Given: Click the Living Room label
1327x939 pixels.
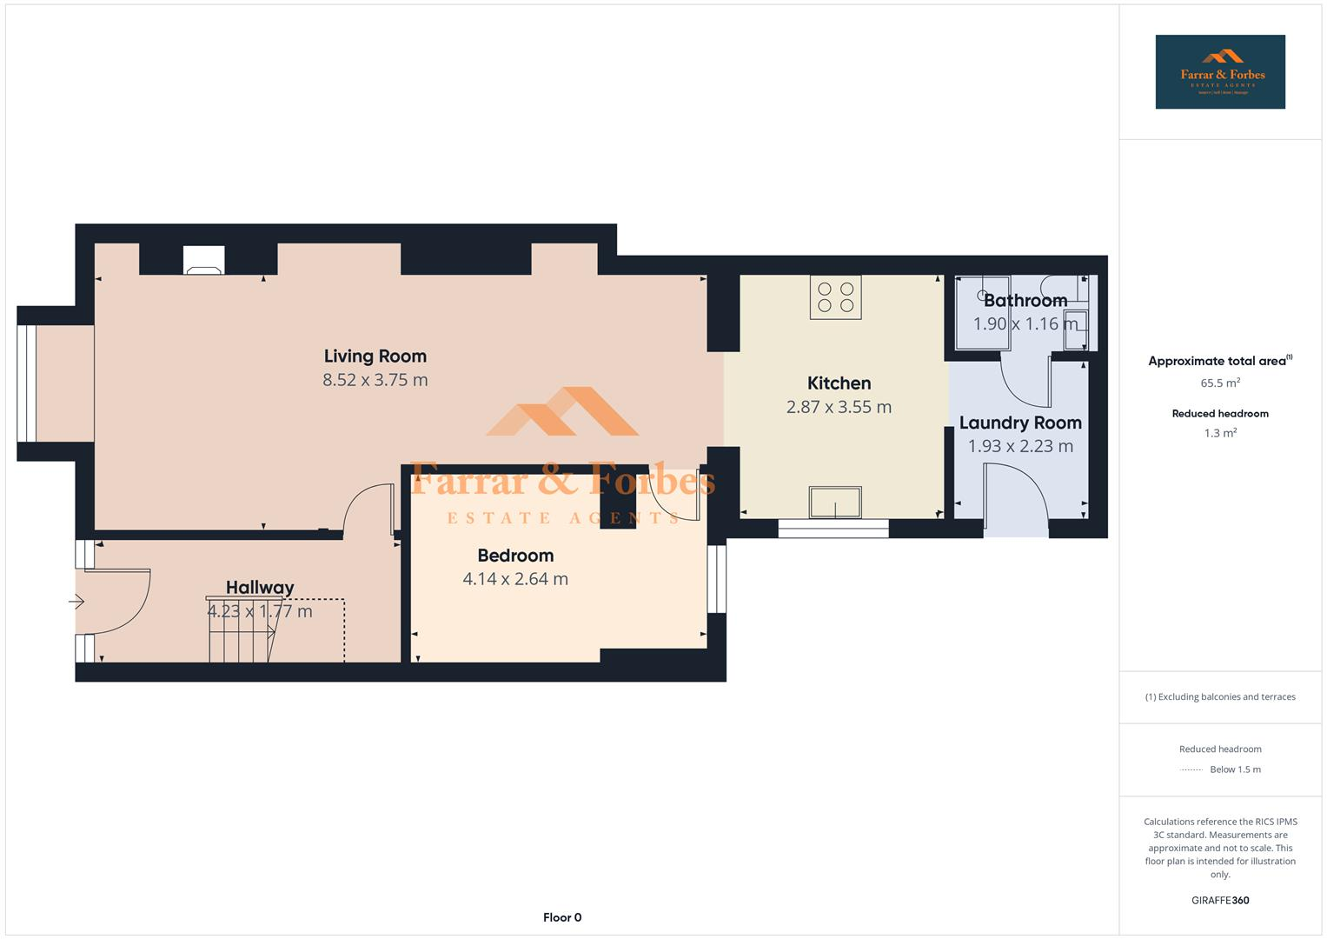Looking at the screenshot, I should coord(375,356).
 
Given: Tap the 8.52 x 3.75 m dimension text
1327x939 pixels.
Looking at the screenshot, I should coord(375,380).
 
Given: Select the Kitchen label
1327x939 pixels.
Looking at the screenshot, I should coord(839,383).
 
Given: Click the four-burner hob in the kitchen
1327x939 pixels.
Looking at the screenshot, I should coord(835,297).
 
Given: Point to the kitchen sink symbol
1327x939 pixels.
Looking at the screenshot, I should coord(835,503).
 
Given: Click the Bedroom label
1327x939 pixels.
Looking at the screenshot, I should coord(515,556).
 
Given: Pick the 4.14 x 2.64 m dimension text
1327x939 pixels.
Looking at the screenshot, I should coord(515,579).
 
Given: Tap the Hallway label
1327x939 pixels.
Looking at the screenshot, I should coord(260,588).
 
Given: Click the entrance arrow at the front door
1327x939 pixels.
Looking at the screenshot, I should coord(76,601).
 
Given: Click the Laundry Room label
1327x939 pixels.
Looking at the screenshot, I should coord(1020,423).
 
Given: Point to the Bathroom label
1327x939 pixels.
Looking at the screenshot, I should coord(1025,301).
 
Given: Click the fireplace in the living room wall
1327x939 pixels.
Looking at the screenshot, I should coord(204,260).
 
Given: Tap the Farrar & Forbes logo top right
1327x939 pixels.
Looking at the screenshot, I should coord(1219,72).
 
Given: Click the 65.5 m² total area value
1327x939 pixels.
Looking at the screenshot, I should coord(1219,383).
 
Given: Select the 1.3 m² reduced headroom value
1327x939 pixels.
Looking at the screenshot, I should coord(1219,433).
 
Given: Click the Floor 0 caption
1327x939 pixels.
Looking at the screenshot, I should coord(562,917).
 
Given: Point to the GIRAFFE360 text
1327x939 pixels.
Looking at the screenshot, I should coord(1219,901).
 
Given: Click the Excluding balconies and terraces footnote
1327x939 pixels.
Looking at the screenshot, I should coord(1219,696).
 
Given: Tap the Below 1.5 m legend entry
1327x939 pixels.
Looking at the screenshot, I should coord(1234,769).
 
